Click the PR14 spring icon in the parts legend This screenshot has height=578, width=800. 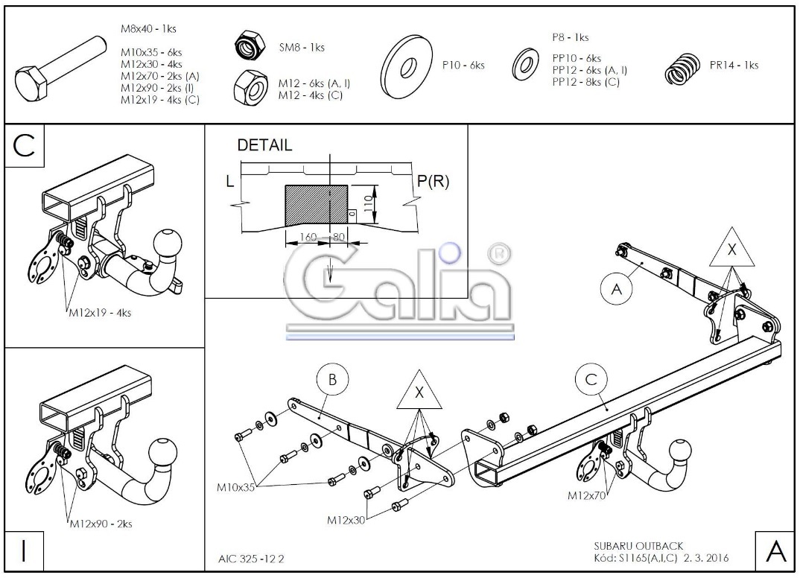[682, 69]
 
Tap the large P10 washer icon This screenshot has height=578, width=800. [407, 66]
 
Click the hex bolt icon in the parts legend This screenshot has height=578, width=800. [60, 69]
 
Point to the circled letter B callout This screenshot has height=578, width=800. [332, 380]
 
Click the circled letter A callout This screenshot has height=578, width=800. [616, 289]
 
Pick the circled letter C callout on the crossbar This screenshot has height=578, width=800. [591, 380]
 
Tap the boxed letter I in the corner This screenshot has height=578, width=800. [24, 551]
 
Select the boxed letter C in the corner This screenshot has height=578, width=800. [24, 146]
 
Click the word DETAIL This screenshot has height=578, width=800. [264, 145]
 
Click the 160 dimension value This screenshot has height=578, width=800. [308, 237]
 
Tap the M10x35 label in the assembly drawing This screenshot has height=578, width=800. [235, 487]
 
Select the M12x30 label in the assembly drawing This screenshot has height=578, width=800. [346, 520]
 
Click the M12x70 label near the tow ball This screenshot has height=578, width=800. [586, 495]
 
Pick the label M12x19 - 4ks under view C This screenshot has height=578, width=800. [100, 313]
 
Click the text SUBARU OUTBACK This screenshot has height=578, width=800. [638, 546]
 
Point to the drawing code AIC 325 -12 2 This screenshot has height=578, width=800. [251, 559]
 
